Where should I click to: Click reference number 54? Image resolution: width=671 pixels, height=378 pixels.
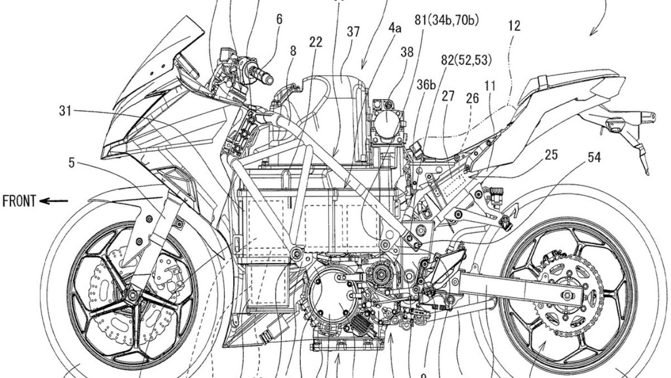[593, 158]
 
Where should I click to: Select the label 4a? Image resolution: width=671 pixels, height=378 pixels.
[395, 41]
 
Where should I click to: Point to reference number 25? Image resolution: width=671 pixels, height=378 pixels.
[551, 155]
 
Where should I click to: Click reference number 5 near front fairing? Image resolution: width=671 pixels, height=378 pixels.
[72, 164]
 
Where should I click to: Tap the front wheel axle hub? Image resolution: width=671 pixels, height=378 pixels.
[133, 295]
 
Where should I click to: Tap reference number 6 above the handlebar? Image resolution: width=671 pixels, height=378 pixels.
[278, 19]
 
